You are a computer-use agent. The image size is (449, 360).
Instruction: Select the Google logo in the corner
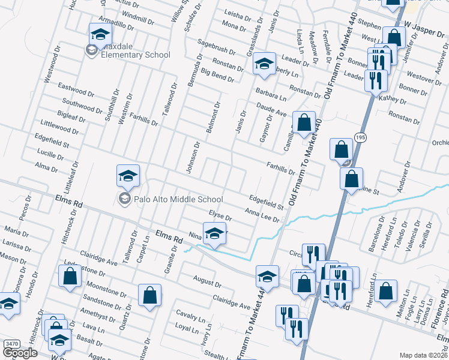tap(20, 353)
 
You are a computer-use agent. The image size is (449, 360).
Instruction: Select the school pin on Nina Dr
tap(214, 233)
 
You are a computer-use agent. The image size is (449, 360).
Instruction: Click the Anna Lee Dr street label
tap(262, 214)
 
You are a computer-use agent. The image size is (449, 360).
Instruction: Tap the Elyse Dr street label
tap(220, 214)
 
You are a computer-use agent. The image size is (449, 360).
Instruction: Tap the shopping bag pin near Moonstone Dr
tap(149, 295)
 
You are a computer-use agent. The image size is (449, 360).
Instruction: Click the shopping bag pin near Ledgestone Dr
tap(70, 276)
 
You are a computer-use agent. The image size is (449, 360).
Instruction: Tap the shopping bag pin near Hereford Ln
tap(387, 290)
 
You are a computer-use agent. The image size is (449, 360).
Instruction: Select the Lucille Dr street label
tap(50, 155)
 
